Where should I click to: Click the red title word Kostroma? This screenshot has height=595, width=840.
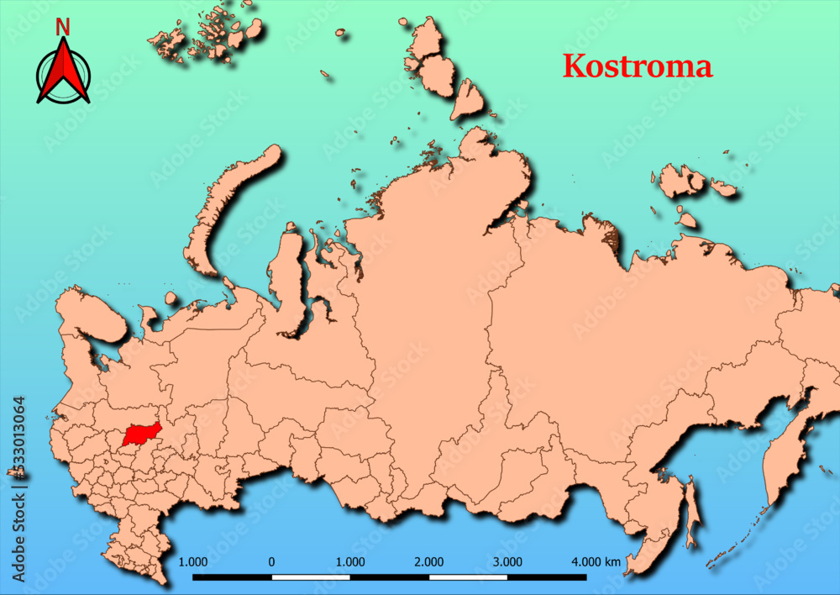coord(637,66)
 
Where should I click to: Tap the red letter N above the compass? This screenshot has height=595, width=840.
coord(62,28)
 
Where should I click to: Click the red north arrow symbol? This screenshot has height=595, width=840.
coord(63,73)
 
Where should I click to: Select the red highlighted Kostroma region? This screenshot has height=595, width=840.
coord(140,434)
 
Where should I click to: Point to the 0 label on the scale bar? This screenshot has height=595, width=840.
coord(271,561)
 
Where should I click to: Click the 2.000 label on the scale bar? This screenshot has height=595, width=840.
coord(429,561)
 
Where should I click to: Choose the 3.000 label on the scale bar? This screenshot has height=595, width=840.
coord(507,561)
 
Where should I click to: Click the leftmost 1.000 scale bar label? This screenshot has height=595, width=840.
coord(193,561)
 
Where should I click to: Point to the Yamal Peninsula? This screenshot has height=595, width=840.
coord(290,277)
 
